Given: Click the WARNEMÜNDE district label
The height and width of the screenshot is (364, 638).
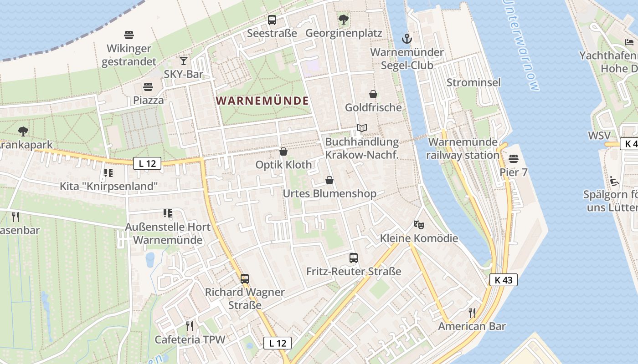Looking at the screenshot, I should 262,101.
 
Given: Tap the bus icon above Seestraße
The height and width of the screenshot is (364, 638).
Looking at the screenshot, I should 272,20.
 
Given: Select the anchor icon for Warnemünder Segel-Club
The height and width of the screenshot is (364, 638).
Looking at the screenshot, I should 407,39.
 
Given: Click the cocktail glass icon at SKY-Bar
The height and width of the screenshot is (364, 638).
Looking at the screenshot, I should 183,61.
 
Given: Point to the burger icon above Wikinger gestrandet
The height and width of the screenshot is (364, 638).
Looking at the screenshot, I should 129,35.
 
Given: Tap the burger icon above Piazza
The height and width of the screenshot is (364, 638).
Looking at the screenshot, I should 148,86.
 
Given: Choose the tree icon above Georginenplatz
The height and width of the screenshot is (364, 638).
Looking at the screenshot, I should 344,20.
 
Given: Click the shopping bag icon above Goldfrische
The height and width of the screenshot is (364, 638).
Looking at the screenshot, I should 373,94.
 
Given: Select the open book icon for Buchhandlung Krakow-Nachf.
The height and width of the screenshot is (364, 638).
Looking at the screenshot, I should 362,129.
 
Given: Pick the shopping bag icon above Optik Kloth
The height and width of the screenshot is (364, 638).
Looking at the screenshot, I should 283,152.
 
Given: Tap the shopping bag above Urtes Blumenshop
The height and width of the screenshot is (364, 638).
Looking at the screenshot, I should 329,180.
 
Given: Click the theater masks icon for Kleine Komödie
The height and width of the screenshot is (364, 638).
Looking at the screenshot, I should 419,224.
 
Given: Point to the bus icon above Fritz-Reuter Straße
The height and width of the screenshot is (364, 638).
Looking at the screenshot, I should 354,258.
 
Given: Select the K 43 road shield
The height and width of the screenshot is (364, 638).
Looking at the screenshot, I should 504,280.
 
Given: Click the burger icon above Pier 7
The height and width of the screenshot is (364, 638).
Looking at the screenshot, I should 514,159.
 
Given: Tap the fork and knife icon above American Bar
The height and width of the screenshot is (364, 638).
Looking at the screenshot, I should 472,313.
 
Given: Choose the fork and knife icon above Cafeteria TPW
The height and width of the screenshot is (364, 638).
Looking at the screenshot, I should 190,326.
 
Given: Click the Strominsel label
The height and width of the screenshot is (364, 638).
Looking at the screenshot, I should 473,82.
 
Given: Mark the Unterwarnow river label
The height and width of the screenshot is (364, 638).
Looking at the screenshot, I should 521,45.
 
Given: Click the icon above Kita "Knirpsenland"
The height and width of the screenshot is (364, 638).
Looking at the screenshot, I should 108,172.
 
